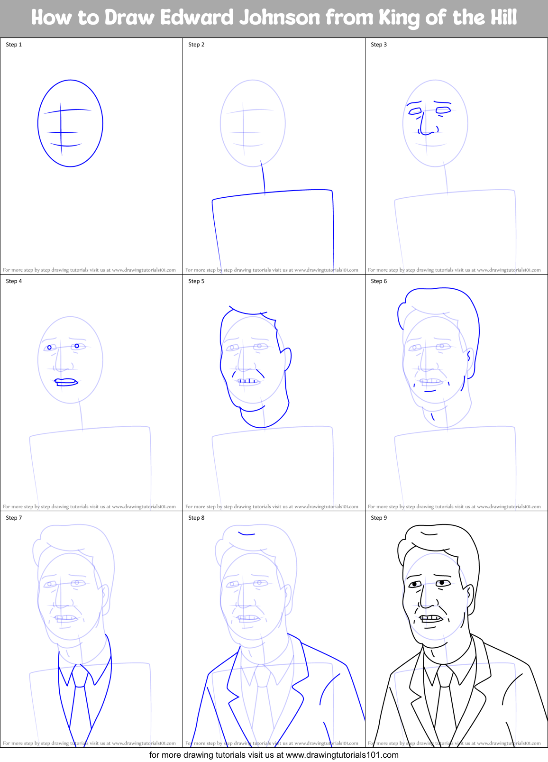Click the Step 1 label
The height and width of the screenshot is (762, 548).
pyautogui.click(x=14, y=45)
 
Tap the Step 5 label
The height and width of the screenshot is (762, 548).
pyautogui.click(x=196, y=281)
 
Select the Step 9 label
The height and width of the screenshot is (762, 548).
pyautogui.click(x=379, y=518)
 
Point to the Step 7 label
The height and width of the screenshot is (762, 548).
pyautogui.click(x=14, y=518)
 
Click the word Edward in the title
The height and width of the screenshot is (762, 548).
pyautogui.click(x=197, y=18)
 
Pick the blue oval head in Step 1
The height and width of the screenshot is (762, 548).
pyautogui.click(x=70, y=123)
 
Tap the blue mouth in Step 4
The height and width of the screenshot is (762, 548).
pyautogui.click(x=66, y=382)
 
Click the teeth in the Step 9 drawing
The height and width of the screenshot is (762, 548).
pyautogui.click(x=431, y=618)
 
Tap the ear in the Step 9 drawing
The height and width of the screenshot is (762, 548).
pyautogui.click(x=468, y=595)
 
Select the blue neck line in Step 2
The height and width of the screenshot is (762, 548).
pyautogui.click(x=263, y=177)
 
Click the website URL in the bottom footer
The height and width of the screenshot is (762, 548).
pyautogui.click(x=342, y=754)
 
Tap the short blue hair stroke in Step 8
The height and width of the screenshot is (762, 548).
pyautogui.click(x=247, y=533)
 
